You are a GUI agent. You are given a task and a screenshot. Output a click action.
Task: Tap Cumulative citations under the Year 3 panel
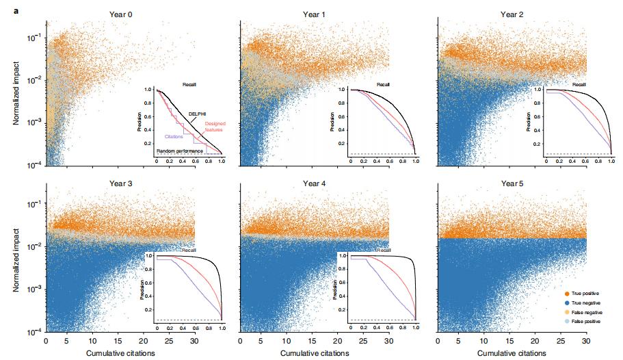119,353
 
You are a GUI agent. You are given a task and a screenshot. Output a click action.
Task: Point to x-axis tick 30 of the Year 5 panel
585,341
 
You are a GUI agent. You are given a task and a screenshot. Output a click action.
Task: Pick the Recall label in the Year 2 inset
579,84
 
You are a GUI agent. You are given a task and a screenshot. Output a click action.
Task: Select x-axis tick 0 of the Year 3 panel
46,341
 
